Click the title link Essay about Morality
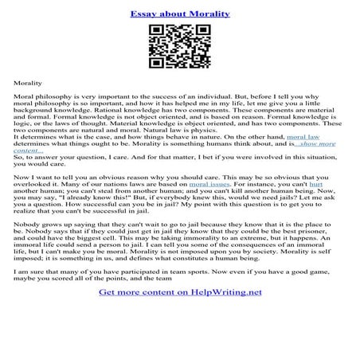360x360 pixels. [x=179, y=14]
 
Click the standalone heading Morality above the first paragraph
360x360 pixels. [x=29, y=82]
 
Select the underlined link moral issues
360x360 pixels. [x=213, y=183]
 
